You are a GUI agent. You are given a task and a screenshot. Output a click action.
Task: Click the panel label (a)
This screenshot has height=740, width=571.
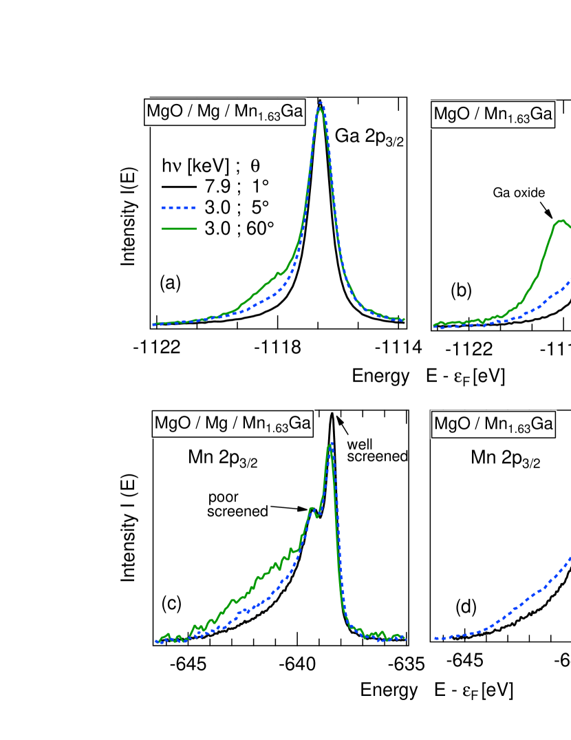point(170,282)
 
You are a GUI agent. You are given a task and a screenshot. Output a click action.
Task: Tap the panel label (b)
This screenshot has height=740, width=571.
point(461,290)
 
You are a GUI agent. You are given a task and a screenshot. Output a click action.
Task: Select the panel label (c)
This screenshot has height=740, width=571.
point(171,602)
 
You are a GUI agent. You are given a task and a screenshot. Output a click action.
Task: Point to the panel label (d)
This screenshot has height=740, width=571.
point(466,607)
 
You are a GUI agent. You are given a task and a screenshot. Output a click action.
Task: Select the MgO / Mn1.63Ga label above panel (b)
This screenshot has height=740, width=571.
point(493,115)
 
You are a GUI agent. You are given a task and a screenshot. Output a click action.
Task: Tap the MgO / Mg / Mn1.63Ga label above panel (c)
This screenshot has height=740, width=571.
point(233,423)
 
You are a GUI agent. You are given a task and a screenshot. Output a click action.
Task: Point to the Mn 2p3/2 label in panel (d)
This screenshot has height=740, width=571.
point(505,459)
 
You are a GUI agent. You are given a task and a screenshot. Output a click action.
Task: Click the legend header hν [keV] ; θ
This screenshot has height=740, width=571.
point(215,165)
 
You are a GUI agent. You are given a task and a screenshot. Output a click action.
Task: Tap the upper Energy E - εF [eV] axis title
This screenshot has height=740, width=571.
point(429,376)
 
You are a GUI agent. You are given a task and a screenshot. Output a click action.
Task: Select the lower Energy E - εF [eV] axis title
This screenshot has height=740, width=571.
point(437,690)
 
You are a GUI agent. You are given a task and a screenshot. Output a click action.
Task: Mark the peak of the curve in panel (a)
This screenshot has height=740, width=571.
point(321,105)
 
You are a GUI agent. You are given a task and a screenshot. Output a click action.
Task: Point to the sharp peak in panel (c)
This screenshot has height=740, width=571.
point(331,445)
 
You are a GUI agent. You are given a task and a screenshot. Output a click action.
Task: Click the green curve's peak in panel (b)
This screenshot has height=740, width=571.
point(562,221)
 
